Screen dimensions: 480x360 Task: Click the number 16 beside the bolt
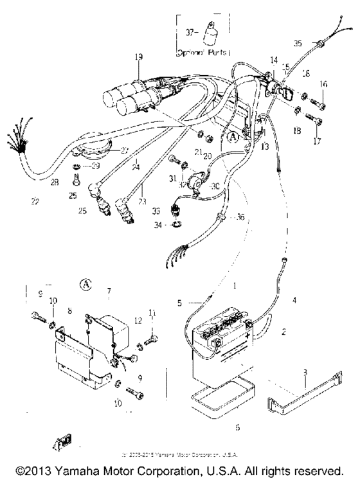click(323, 84)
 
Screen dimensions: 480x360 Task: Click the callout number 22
click(33, 201)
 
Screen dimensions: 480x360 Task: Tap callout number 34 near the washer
click(159, 225)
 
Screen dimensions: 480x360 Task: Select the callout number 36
click(240, 217)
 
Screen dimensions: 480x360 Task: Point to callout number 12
click(138, 320)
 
